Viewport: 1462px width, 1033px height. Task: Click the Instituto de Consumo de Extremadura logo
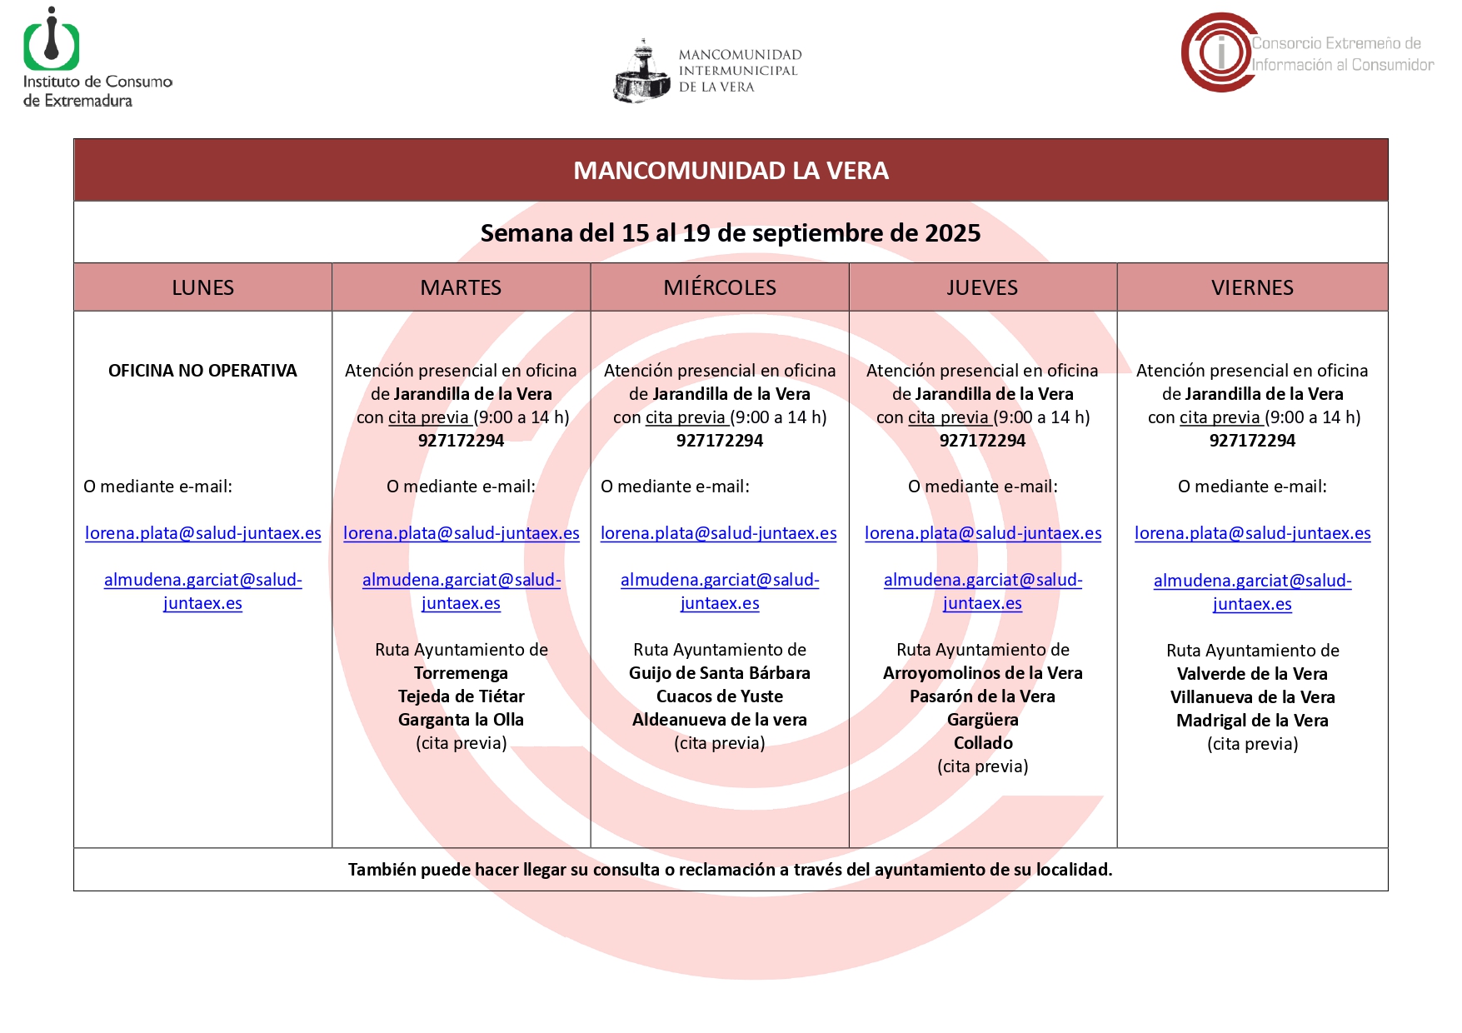tap(52, 42)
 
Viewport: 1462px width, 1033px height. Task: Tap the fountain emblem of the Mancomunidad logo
tap(641, 73)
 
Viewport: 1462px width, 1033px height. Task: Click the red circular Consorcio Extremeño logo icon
tap(1218, 52)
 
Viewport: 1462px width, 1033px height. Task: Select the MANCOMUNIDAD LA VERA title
tap(731, 171)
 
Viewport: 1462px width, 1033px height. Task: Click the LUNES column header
tap(202, 287)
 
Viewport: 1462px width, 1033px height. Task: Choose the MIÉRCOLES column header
tap(720, 287)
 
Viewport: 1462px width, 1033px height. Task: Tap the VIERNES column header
tap(1252, 287)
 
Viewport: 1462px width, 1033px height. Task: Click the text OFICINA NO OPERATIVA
tap(202, 371)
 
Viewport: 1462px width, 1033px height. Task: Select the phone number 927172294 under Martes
tap(461, 441)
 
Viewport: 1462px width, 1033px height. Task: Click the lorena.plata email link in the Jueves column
tap(983, 533)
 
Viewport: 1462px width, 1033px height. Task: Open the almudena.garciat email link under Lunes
tap(202, 591)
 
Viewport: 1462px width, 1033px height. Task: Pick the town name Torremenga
tap(461, 673)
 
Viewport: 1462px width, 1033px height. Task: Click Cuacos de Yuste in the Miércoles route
tap(720, 696)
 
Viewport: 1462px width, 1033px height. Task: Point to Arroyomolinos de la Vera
tap(983, 673)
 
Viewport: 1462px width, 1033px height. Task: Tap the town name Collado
tap(983, 743)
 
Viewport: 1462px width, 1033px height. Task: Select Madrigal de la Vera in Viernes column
tap(1252, 721)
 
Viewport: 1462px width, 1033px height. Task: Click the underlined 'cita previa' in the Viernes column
tap(1220, 417)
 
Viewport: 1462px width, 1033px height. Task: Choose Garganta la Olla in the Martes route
tap(461, 720)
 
